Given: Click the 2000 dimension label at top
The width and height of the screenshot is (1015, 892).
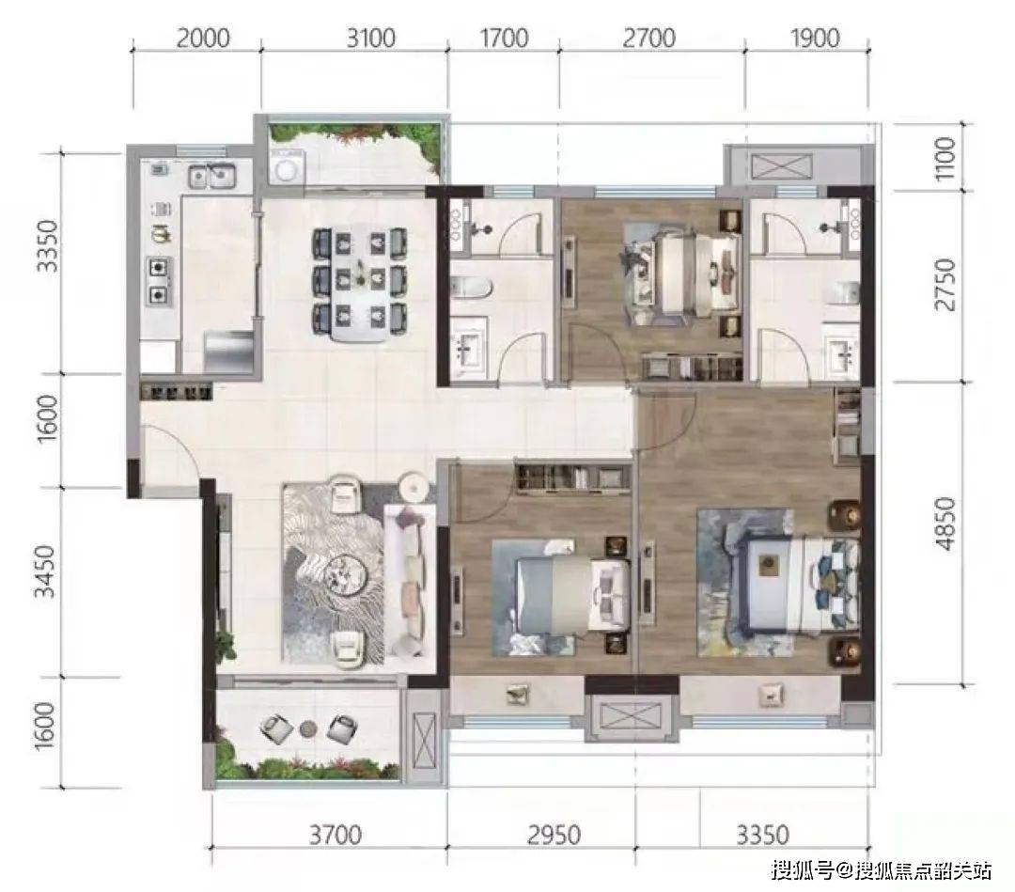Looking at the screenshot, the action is [203, 39].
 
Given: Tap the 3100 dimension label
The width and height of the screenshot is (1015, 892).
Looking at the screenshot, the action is [370, 39].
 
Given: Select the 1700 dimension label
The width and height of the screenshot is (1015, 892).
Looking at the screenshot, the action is [504, 39].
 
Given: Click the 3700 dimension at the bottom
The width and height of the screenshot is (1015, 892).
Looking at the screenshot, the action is [335, 835].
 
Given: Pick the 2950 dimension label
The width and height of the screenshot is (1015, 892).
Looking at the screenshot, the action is [554, 835].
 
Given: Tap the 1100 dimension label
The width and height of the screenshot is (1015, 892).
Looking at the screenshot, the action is [945, 159].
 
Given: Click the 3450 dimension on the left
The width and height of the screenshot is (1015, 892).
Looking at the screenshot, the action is [45, 571].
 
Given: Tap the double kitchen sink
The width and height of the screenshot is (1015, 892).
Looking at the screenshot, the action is [211, 176].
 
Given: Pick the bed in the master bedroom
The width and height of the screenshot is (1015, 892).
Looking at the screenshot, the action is [796, 582].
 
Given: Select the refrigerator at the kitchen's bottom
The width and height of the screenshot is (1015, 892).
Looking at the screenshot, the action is [228, 352].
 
